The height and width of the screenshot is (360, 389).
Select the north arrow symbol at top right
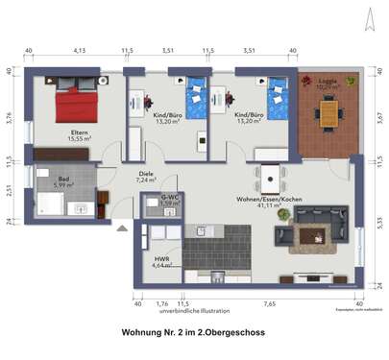tap(366, 13)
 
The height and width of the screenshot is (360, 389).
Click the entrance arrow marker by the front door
tap(121, 228)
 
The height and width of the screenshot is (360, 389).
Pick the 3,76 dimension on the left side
tap(9, 118)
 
